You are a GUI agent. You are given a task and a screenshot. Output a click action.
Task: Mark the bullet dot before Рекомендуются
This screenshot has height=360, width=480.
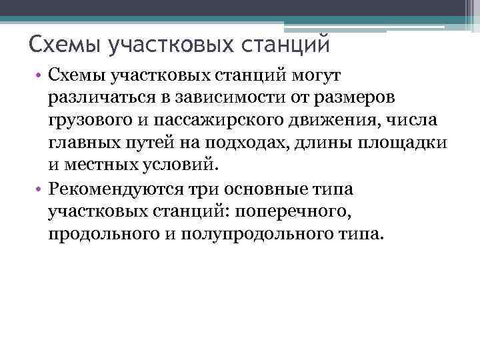(40, 190)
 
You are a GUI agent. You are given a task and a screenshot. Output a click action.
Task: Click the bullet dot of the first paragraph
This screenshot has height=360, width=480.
(40, 78)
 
